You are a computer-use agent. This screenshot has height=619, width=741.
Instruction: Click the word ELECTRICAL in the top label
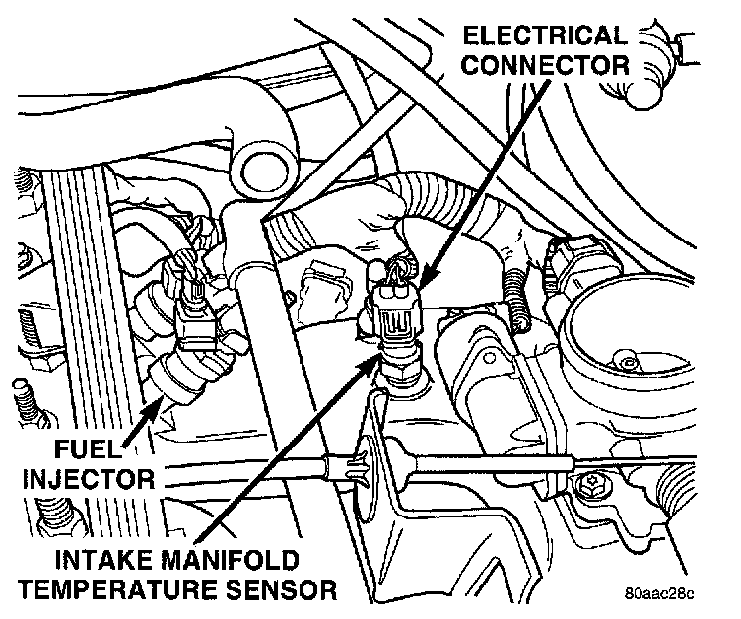coord(545,37)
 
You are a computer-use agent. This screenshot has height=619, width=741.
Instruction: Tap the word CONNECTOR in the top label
coord(545,67)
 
